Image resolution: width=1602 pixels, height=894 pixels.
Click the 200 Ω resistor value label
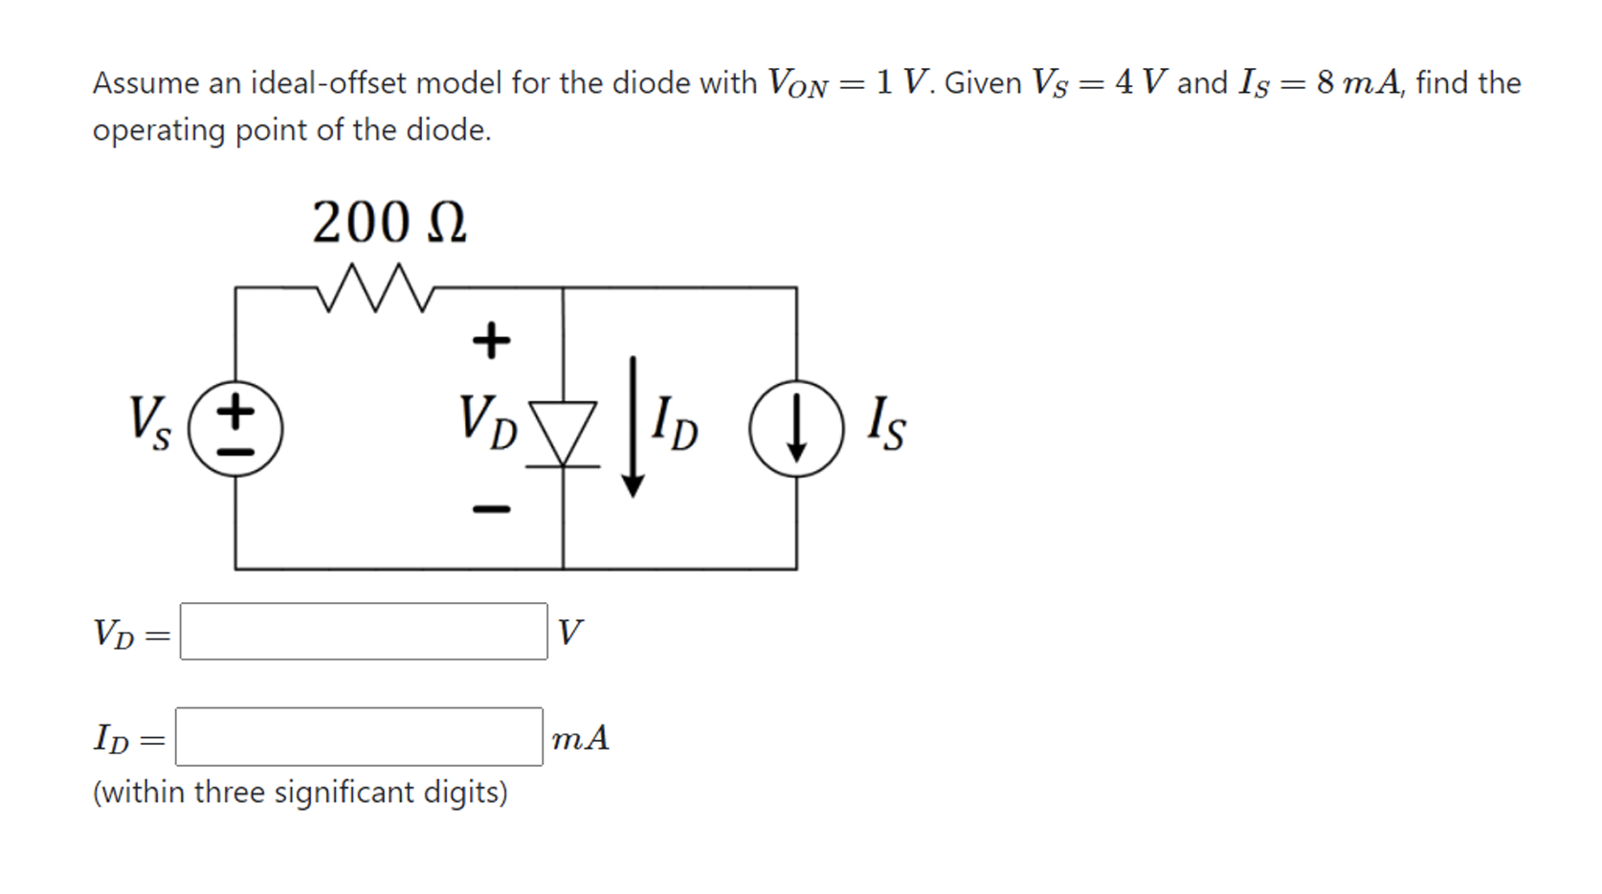[x=389, y=223]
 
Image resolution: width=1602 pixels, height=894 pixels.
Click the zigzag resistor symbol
[x=375, y=288]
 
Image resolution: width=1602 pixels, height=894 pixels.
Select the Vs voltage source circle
[x=235, y=428]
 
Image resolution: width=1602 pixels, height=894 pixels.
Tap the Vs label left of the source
[x=150, y=422]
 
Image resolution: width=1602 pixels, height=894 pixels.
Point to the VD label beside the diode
[x=487, y=421]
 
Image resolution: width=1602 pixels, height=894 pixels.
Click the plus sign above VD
[x=491, y=340]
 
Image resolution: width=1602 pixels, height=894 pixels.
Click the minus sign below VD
[x=491, y=508]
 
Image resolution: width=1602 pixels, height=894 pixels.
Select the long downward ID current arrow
[x=632, y=426]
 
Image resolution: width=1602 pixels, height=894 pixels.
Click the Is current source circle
[x=796, y=428]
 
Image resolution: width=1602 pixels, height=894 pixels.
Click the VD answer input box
[x=364, y=632]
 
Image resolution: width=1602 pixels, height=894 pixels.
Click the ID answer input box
[x=359, y=737]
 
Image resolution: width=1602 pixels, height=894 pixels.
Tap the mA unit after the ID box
[x=580, y=738]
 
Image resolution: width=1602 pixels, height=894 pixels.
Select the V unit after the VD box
[x=569, y=633]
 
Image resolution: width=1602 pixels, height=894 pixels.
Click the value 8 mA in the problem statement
[x=1357, y=83]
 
